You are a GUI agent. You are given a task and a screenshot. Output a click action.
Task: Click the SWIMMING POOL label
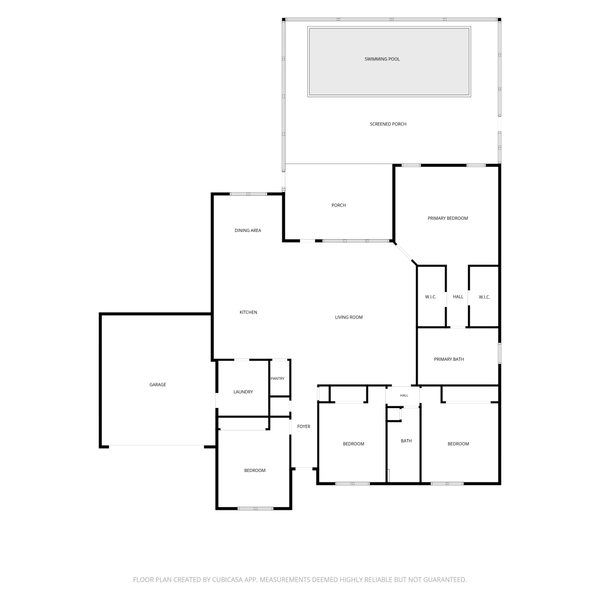382,59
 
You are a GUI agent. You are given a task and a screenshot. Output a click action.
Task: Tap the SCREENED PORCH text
388,124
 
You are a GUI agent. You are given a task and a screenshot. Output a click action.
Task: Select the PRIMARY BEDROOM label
448,218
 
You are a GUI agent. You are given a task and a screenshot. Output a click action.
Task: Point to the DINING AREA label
248,230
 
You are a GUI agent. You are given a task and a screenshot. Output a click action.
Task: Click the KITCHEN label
248,312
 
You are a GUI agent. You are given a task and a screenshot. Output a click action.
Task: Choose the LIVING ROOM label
349,318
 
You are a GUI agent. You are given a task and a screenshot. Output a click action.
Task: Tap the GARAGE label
158,385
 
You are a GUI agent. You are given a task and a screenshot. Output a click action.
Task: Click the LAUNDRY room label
243,392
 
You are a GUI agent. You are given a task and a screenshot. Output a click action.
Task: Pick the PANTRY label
277,379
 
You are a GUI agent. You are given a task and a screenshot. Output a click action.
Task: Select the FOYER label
304,427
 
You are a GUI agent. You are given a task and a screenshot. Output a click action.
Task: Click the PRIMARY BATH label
449,360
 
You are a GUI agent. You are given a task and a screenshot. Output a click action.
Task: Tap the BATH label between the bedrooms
406,441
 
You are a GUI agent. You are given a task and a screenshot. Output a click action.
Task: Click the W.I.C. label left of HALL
430,297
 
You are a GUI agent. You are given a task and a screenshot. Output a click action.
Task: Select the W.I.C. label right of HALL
484,297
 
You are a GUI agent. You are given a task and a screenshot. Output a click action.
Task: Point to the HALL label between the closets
458,297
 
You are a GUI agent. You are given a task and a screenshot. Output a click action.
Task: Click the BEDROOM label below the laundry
255,471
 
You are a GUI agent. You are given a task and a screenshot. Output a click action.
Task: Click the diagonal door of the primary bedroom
405,253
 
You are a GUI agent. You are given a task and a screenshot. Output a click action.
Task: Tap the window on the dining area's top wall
248,194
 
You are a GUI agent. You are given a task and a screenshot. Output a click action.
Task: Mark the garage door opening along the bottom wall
156,446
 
